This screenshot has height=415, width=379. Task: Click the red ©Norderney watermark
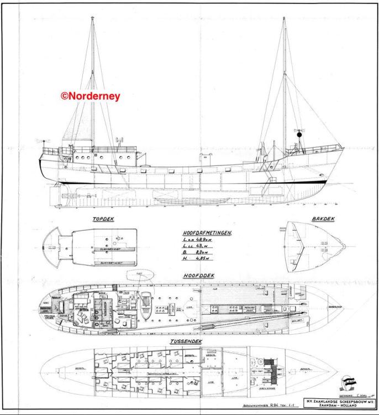(x=91, y=95)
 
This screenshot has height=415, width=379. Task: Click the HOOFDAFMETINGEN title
(x=207, y=233)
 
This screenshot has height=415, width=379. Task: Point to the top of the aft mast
(x=92, y=18)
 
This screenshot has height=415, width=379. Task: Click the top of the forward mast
(x=284, y=18)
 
